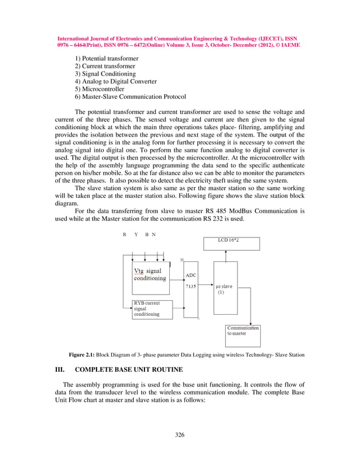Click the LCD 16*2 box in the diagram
pyautogui.click(x=231, y=243)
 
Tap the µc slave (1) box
pyautogui.click(x=226, y=288)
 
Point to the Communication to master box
pyautogui.click(x=243, y=335)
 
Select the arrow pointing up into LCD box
pyautogui.click(x=226, y=256)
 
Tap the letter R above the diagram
pyautogui.click(x=125, y=234)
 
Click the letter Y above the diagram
pyautogui.click(x=136, y=234)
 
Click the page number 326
pyautogui.click(x=180, y=434)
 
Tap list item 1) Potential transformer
pyautogui.click(x=107, y=59)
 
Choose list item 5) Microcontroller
pyautogui.click(x=100, y=89)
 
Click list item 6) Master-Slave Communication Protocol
pyautogui.click(x=130, y=96)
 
